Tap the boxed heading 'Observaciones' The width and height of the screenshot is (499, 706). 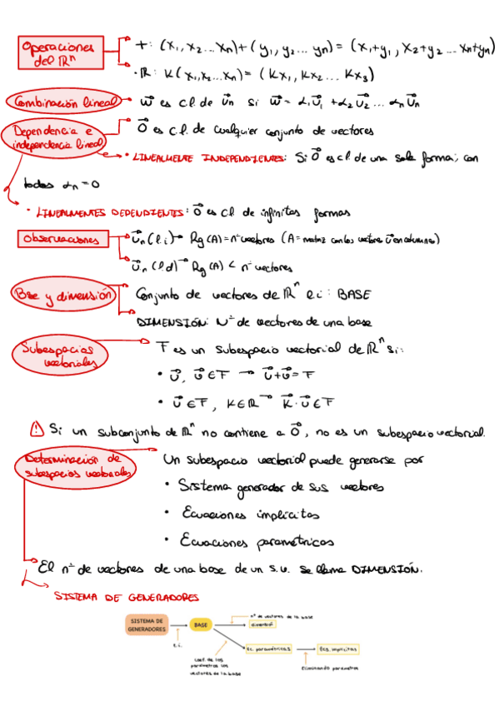coord(61,240)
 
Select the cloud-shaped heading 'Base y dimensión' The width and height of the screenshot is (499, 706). coord(62,294)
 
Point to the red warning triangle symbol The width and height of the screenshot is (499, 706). coord(37,430)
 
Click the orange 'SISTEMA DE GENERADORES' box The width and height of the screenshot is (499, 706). coord(147,625)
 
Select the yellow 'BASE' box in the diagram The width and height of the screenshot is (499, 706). coord(201,624)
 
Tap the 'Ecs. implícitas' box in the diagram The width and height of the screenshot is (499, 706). coord(338,647)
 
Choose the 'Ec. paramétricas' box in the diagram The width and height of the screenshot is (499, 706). coord(267,647)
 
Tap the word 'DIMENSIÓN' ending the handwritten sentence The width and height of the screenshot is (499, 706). coord(379,570)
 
